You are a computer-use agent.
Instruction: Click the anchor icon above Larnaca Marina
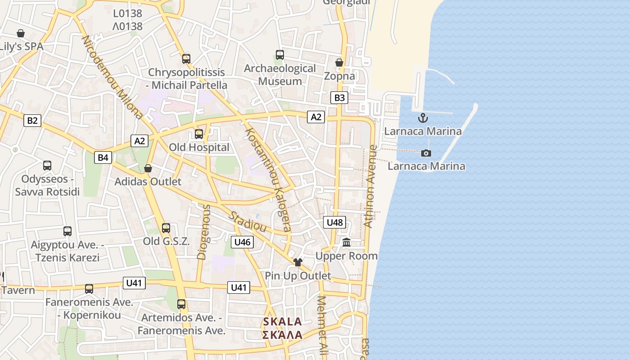click(x=423, y=118)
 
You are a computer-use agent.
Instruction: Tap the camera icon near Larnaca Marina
click(x=426, y=153)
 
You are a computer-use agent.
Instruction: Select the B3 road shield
click(x=339, y=98)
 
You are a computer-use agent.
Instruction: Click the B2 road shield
click(x=32, y=121)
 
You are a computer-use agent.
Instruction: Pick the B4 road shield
click(x=103, y=157)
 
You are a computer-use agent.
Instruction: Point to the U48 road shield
click(x=335, y=222)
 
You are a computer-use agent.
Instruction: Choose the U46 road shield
click(x=242, y=242)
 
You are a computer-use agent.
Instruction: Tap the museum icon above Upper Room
click(x=346, y=243)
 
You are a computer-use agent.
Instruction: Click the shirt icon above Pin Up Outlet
click(x=297, y=262)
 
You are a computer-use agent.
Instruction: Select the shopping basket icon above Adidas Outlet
click(x=148, y=168)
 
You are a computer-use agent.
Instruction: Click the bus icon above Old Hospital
click(x=198, y=134)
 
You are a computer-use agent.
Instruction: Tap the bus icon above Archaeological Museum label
click(x=279, y=55)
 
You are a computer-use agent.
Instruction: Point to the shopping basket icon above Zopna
click(x=339, y=63)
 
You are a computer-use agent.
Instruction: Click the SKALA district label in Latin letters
click(x=282, y=322)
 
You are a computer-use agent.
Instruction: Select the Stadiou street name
click(x=247, y=221)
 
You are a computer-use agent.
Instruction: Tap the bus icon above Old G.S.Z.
click(x=166, y=228)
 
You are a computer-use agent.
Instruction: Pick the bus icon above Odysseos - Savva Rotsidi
click(x=47, y=166)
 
